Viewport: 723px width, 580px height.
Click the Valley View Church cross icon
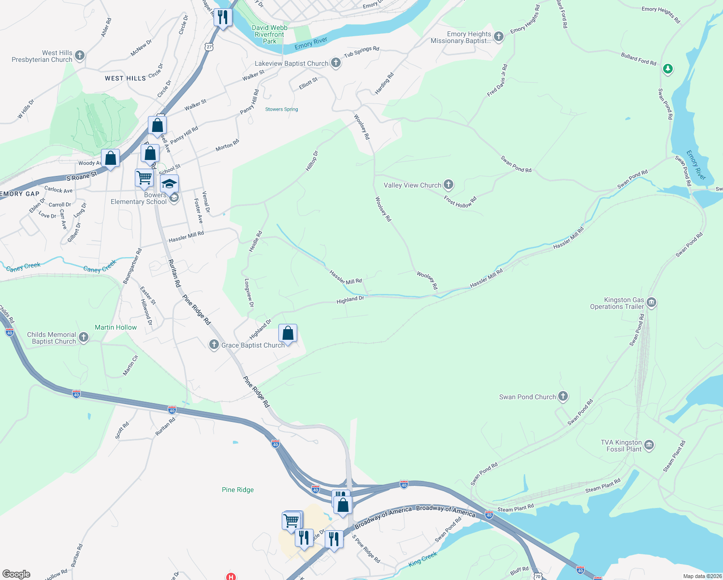tap(448, 185)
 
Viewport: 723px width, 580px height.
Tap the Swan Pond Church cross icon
tap(563, 397)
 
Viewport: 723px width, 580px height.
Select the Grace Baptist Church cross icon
tap(214, 345)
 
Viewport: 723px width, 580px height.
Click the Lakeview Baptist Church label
tap(291, 63)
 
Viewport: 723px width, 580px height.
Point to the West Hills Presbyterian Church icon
tap(80, 56)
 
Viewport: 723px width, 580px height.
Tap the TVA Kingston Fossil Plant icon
tap(649, 445)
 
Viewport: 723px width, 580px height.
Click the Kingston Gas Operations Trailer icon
tap(651, 303)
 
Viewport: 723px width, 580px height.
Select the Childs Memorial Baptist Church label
tap(52, 338)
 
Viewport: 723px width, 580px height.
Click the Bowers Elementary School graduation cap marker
tap(169, 184)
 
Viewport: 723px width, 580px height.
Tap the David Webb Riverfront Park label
tap(270, 34)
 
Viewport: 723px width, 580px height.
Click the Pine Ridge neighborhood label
tap(238, 490)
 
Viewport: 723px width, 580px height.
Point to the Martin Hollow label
tap(116, 327)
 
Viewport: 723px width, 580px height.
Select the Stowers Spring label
tap(282, 109)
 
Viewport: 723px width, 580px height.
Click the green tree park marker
tap(667, 69)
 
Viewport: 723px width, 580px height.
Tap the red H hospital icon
tap(231, 577)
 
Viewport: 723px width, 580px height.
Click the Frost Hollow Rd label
tap(460, 202)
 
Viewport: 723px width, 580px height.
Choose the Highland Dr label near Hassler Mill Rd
tap(350, 300)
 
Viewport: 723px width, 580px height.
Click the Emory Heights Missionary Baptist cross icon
tap(499, 37)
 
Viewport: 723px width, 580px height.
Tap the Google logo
tap(16, 574)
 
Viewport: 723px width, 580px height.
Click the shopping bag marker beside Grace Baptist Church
tap(288, 333)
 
